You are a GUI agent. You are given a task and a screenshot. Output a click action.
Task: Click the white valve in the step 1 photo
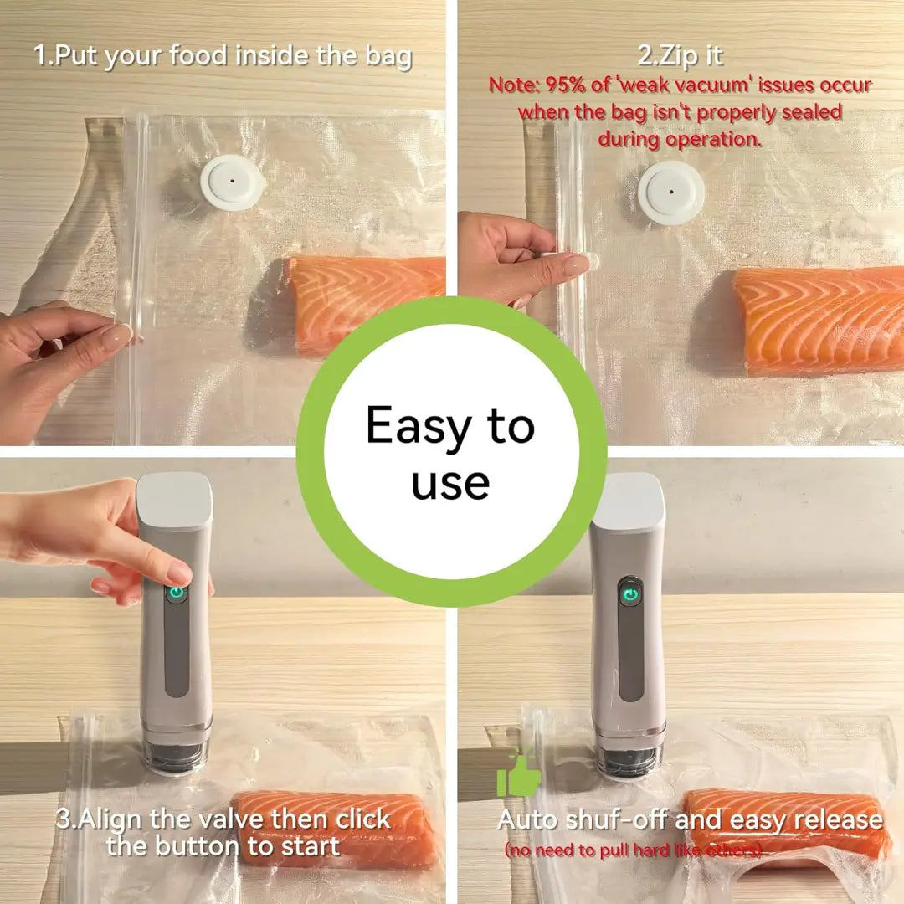(x=233, y=182)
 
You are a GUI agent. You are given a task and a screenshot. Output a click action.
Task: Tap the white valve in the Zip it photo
(x=671, y=192)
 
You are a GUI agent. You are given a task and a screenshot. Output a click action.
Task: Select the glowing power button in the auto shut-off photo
(x=630, y=594)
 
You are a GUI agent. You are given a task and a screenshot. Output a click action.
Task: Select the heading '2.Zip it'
(x=681, y=56)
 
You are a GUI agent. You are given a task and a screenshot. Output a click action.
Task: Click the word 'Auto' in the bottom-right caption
(x=527, y=819)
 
